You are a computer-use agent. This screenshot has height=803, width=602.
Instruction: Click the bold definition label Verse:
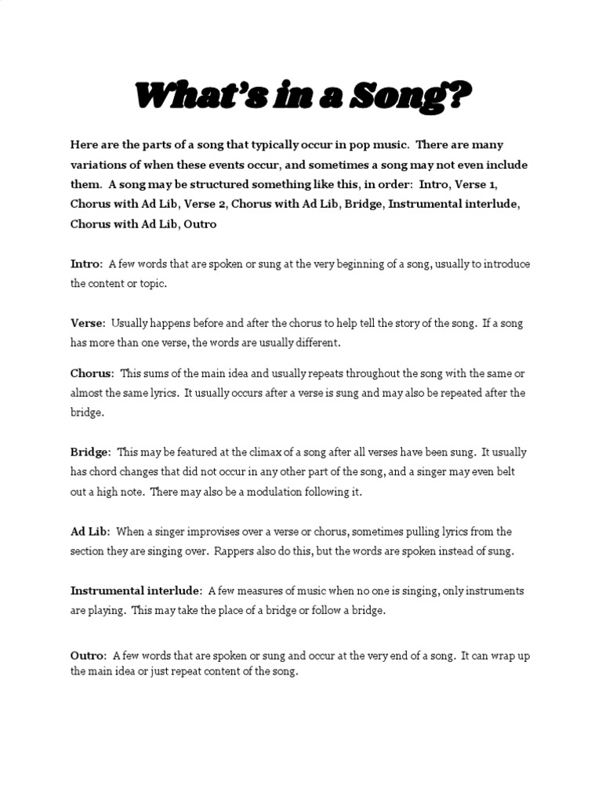88,323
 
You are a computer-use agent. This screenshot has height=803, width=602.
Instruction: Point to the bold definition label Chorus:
92,373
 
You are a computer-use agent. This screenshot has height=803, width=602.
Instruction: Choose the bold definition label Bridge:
91,452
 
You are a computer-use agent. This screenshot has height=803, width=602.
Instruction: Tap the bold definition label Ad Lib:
90,531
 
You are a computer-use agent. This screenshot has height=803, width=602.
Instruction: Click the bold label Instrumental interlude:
137,590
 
